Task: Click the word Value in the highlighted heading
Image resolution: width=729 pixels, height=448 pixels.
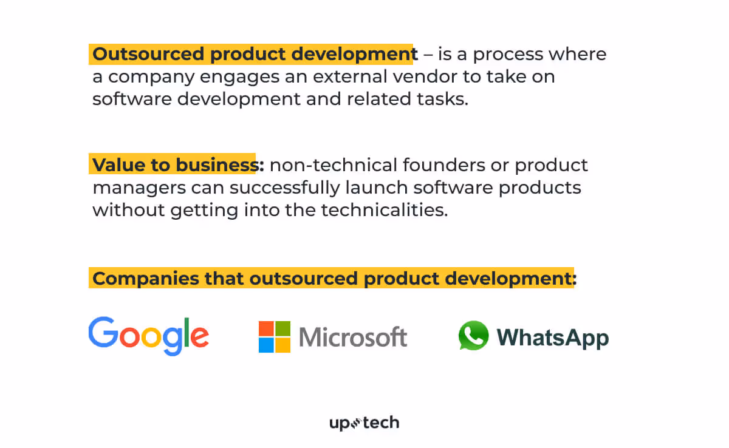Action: (114, 165)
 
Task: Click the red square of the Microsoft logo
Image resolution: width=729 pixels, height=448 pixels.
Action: (266, 328)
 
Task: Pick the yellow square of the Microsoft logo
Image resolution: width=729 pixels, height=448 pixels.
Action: (282, 345)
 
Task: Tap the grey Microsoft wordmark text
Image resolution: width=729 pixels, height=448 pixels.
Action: (353, 337)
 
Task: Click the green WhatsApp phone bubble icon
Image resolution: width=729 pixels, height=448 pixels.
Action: (473, 336)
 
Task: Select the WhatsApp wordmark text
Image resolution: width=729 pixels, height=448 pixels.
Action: (553, 338)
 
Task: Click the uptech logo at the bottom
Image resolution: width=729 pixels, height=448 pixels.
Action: (364, 423)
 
